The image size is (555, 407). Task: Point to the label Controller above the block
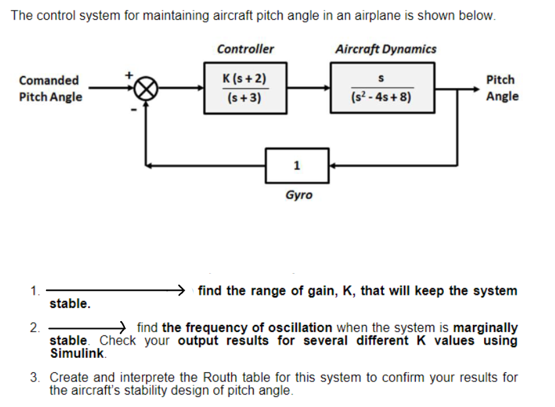[245, 49]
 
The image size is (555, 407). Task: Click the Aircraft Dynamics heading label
[385, 49]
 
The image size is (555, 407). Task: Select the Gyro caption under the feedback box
[299, 195]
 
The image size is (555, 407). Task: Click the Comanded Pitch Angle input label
[50, 89]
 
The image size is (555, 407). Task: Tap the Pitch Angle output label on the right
[502, 88]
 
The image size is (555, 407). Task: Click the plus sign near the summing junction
[130, 74]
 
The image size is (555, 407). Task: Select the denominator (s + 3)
[244, 98]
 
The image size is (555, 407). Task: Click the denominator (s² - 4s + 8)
[382, 99]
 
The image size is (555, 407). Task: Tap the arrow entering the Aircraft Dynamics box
[322, 87]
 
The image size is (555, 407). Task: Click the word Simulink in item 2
[77, 353]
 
